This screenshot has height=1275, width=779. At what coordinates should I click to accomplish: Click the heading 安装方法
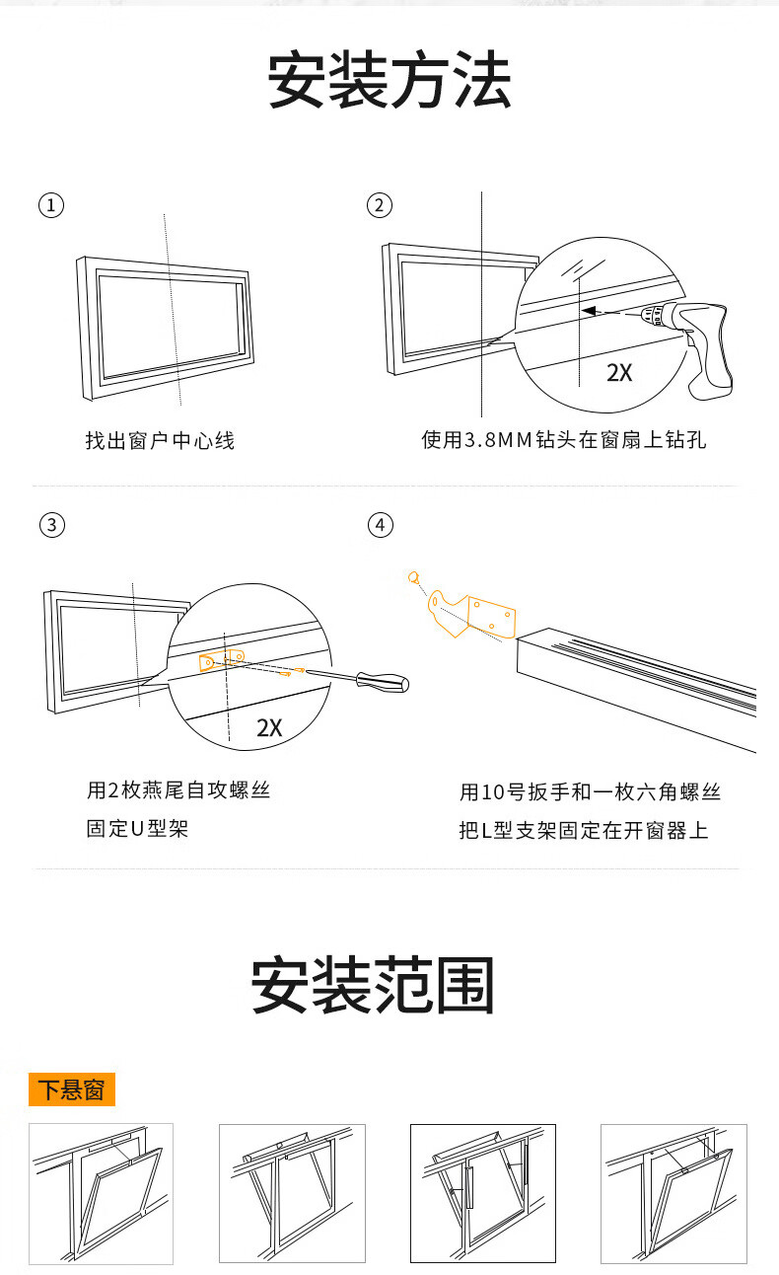tap(389, 82)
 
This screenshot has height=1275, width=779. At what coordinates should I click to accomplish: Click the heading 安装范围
tap(372, 986)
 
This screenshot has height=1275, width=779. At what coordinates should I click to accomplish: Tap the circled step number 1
tap(50, 205)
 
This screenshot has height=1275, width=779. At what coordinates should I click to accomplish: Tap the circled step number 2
tap(379, 205)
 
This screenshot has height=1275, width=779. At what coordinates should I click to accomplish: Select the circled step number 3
tap(50, 524)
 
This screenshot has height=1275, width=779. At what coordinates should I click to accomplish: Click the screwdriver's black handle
tap(383, 681)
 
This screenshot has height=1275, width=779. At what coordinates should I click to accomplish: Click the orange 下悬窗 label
tap(72, 1089)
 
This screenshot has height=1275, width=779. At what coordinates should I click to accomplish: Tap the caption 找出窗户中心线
tap(160, 440)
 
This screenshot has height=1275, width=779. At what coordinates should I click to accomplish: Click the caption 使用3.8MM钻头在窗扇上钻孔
tap(564, 440)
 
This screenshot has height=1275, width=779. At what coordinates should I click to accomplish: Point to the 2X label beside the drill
tap(619, 373)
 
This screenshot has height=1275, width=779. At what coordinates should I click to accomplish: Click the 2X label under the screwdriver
tap(269, 728)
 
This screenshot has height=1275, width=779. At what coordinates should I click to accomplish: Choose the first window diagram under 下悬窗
tap(101, 1193)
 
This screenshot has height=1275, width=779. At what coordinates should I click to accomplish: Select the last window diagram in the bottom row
tap(673, 1193)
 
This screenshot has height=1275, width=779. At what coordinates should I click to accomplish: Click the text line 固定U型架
tap(137, 829)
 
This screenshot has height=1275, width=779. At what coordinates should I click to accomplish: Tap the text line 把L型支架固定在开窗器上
tap(584, 830)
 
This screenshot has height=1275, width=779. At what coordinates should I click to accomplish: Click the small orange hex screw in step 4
tap(415, 576)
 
